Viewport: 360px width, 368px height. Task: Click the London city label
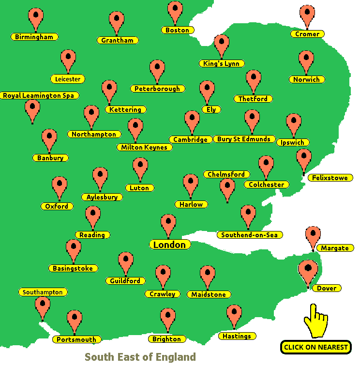pos(169,245)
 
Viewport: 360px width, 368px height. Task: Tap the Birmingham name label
pos(34,37)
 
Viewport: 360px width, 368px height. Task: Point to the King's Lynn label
pos(222,63)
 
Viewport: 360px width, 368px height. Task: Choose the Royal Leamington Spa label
pos(39,95)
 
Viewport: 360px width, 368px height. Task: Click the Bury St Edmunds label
pos(244,139)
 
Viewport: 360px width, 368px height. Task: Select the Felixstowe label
pos(330,178)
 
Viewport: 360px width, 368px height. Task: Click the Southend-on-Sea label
pos(250,235)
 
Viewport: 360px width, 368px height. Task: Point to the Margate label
pos(335,248)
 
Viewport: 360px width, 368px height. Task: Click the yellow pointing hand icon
pos(315,321)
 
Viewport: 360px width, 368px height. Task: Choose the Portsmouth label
pos(76,339)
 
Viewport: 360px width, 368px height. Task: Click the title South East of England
pos(140,357)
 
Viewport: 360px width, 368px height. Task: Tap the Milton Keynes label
pos(144,147)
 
